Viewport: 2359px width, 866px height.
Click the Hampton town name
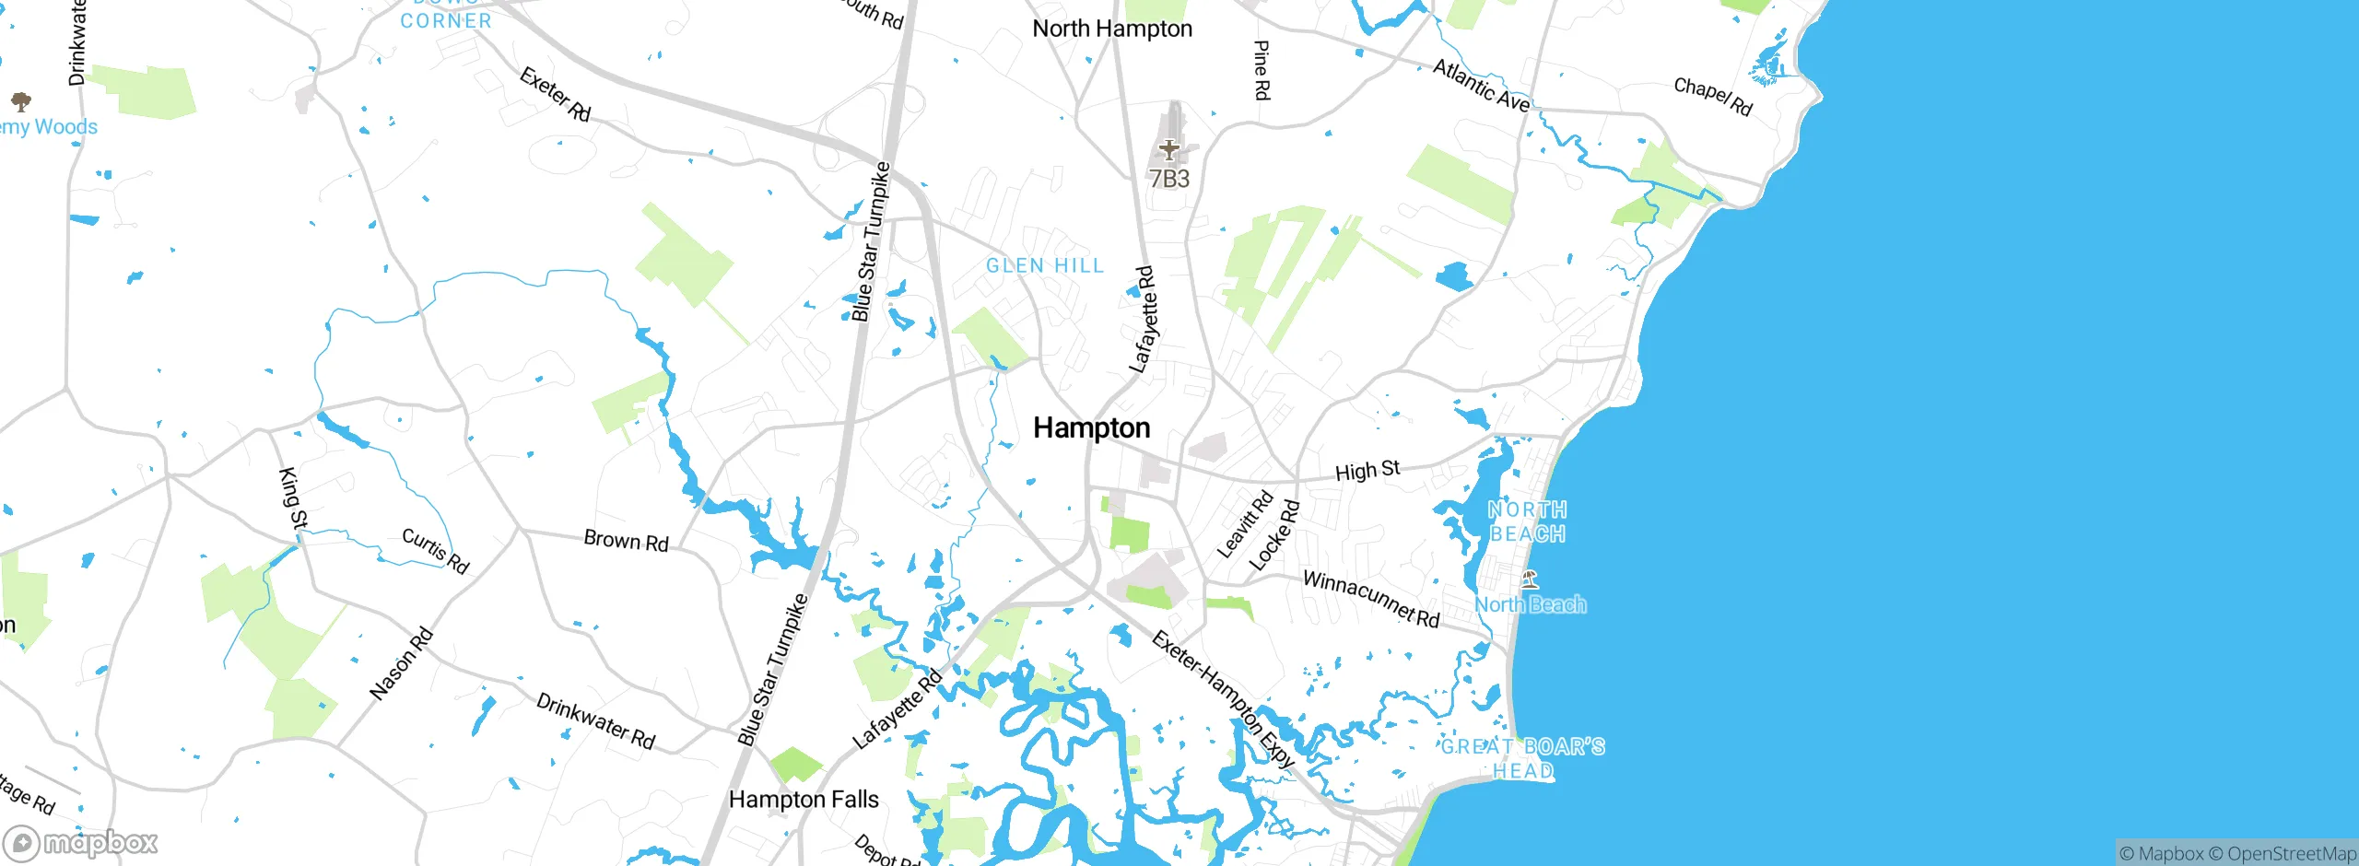(x=1091, y=427)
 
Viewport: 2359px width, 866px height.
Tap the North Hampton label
(x=1111, y=29)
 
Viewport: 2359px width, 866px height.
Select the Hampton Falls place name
(x=804, y=799)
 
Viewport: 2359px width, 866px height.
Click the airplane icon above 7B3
(x=1168, y=148)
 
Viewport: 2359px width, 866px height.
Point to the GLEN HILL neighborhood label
(x=1044, y=265)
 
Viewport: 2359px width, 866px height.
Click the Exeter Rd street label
(x=555, y=93)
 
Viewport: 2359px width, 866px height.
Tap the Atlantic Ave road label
(x=1481, y=85)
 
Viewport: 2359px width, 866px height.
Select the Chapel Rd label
(x=1712, y=96)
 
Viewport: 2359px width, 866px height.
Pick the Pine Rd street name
(x=1262, y=70)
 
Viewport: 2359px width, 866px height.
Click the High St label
(x=1367, y=471)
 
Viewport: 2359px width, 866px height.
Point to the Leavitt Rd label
(x=1245, y=524)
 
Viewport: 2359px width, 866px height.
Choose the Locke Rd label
(x=1274, y=535)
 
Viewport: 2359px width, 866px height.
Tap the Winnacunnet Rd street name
(x=1370, y=599)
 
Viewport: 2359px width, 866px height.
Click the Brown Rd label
(x=626, y=540)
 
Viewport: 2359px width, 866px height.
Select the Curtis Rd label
(x=436, y=550)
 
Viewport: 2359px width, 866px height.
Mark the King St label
(x=293, y=498)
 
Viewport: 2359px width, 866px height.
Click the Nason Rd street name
(x=401, y=663)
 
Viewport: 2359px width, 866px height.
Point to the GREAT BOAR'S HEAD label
(x=1522, y=758)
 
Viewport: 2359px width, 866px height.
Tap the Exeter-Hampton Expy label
(x=1224, y=699)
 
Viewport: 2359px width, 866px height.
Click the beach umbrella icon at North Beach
(x=1530, y=579)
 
